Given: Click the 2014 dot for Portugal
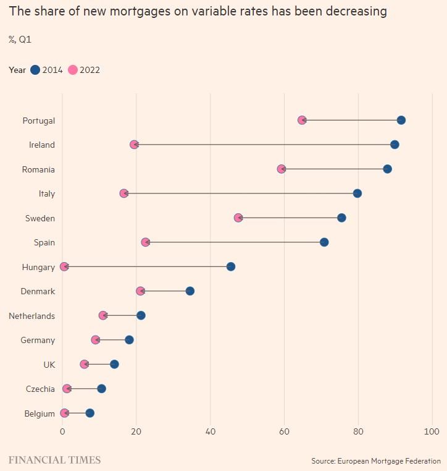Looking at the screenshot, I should tap(401, 120).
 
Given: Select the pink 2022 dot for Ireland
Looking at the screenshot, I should tap(134, 145).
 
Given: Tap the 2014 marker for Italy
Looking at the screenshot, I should tap(357, 193).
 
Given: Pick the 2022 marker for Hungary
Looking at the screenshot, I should tap(64, 266).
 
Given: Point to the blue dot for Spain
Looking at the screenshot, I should tap(324, 242).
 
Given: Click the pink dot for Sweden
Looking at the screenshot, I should tap(238, 218).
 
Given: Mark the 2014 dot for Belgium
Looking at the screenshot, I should tap(90, 413).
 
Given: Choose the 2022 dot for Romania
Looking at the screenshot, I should tap(282, 169).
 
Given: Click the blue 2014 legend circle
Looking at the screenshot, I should tap(35, 70).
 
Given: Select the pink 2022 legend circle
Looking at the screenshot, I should tap(73, 70).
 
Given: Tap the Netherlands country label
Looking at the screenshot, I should tap(32, 316).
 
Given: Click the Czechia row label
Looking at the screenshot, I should tap(40, 389).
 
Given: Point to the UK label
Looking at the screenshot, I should tap(49, 365).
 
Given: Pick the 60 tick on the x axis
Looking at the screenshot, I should tap(284, 431).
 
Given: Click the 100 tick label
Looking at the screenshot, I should tap(432, 431).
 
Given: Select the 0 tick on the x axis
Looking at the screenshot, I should tap(62, 431).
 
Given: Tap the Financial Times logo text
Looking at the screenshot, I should tap(54, 460).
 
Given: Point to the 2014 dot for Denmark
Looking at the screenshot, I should tap(190, 291).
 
